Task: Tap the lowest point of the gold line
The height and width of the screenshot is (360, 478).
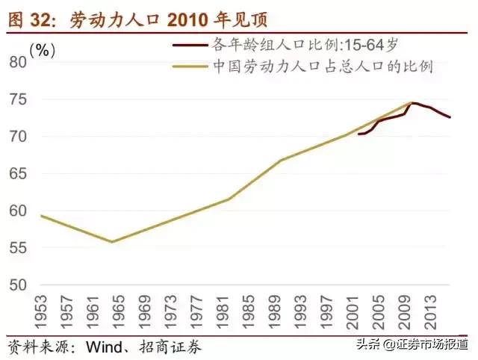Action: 111,241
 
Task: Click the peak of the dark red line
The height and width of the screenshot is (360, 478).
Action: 413,103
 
